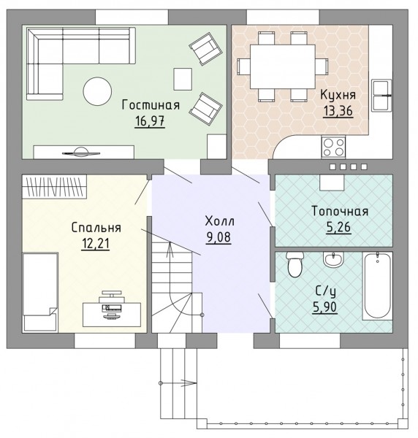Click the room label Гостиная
(x=151, y=105)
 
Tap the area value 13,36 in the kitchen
(x=338, y=111)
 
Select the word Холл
(x=220, y=221)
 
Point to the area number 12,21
(x=95, y=243)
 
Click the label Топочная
(x=340, y=211)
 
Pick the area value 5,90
(x=325, y=307)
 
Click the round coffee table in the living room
(x=98, y=91)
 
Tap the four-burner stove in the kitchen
(x=333, y=147)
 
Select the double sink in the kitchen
(x=381, y=95)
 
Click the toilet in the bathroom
(x=295, y=264)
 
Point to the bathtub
(x=378, y=285)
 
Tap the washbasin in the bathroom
(x=333, y=259)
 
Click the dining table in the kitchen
(x=282, y=66)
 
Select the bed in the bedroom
(x=40, y=293)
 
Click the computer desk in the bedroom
(x=112, y=314)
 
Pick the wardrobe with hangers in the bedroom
(x=54, y=187)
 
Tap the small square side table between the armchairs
(x=183, y=79)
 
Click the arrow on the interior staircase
(x=170, y=250)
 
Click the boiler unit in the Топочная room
(x=332, y=182)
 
